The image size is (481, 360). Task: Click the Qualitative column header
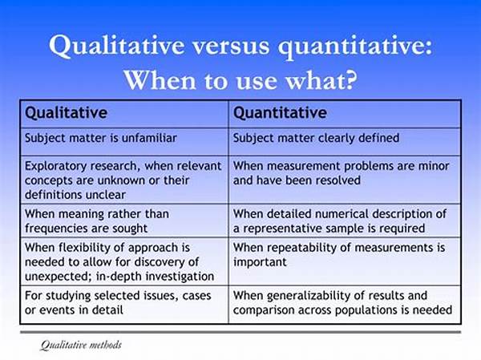(x=66, y=113)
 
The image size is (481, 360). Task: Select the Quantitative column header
(x=280, y=113)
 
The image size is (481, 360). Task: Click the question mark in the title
(x=350, y=80)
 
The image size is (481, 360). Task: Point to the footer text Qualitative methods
(x=81, y=345)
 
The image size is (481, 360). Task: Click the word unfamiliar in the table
(x=149, y=138)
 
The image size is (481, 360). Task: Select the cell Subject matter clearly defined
(x=316, y=138)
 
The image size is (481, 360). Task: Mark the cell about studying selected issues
(x=118, y=303)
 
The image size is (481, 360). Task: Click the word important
(x=260, y=262)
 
